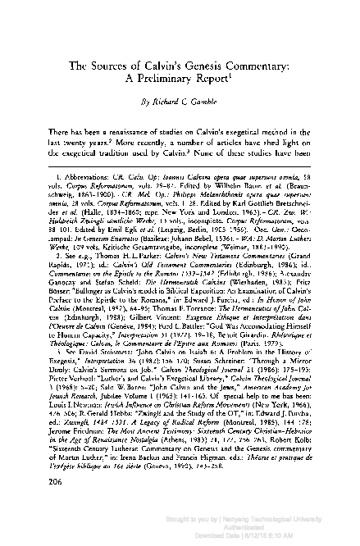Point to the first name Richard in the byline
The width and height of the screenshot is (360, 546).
[162, 105]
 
